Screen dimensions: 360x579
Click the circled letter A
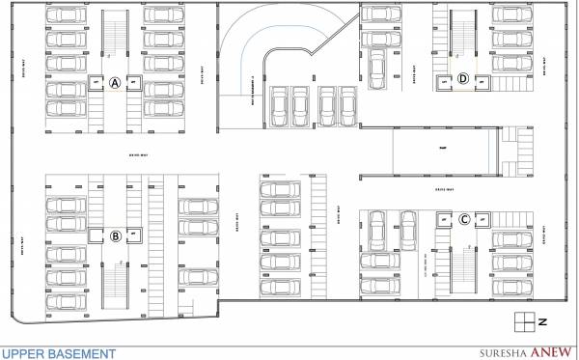point(115,83)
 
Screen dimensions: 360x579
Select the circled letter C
point(464,219)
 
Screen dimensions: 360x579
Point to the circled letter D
point(463,80)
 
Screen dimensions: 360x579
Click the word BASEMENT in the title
point(84,353)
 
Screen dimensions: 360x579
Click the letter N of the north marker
point(542,320)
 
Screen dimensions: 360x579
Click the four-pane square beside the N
point(523,320)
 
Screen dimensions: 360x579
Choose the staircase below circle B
point(115,279)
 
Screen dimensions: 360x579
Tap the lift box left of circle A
point(96,84)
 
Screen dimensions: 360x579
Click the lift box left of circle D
point(444,81)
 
